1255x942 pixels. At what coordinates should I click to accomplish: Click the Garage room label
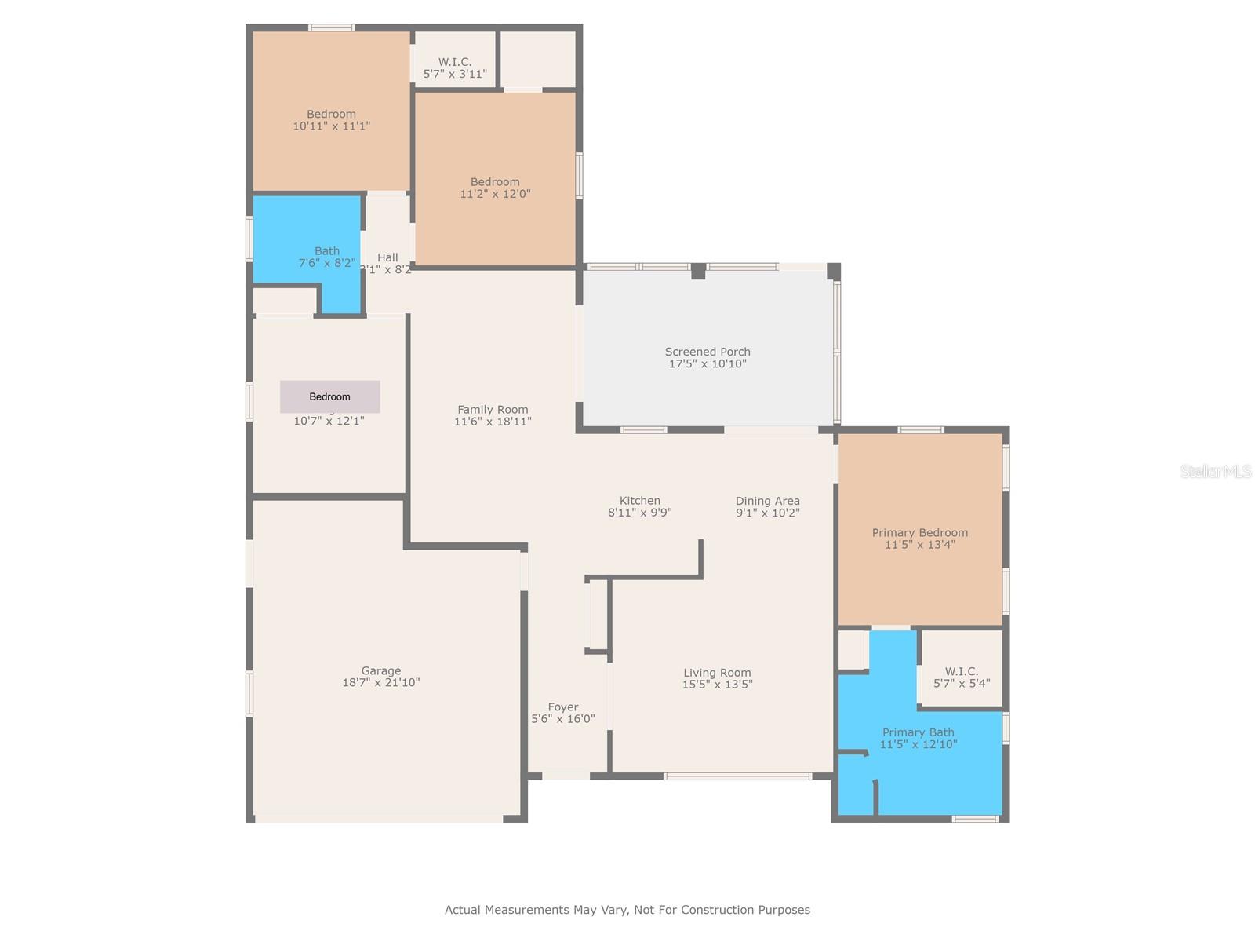coord(381,671)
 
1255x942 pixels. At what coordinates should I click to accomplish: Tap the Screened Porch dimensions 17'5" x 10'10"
coord(708,364)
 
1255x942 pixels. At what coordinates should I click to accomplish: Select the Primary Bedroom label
coord(919,533)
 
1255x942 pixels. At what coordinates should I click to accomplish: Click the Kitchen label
coord(639,501)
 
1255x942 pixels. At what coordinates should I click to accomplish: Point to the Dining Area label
coord(767,501)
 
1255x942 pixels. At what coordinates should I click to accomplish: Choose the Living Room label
coord(717,673)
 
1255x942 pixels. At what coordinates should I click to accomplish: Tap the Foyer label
coord(562,707)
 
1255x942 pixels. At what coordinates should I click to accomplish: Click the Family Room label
coord(493,410)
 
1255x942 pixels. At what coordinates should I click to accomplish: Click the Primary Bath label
coord(918,732)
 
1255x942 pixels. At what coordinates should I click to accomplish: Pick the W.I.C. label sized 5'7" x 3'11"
coord(455,62)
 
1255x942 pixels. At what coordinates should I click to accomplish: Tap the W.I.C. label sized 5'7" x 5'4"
coord(961,672)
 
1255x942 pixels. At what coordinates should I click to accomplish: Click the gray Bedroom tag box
coord(329,397)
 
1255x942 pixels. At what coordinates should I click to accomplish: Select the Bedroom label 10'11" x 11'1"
coord(331,115)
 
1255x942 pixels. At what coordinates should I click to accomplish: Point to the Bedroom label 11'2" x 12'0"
coord(495,182)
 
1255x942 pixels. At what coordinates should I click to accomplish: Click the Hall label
coord(387,257)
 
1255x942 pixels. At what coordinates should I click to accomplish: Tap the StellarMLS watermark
coord(1215,471)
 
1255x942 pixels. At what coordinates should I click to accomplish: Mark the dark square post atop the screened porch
coord(698,271)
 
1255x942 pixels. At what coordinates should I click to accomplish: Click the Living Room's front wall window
coord(737,776)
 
